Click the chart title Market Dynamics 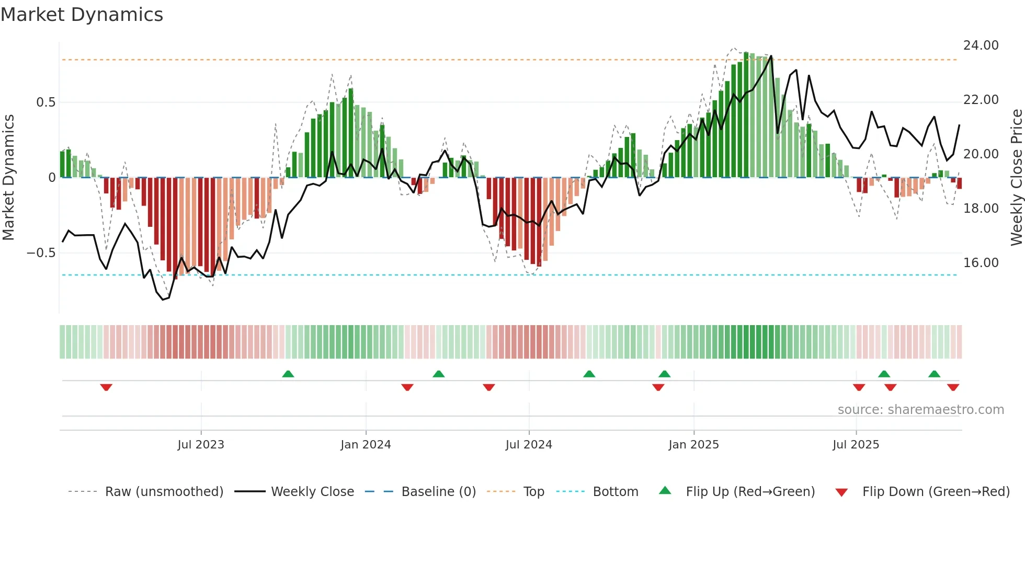(82, 15)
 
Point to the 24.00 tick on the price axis (981, 45)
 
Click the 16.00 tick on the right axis (981, 263)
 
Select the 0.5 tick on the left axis (45, 102)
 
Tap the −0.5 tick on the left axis (41, 253)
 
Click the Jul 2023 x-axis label (201, 445)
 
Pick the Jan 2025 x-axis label (693, 445)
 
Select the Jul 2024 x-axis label (529, 445)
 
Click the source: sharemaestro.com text (920, 410)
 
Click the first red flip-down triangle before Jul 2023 (106, 387)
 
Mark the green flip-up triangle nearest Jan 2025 (664, 374)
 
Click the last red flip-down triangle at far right (953, 387)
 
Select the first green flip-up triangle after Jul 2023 (288, 374)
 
